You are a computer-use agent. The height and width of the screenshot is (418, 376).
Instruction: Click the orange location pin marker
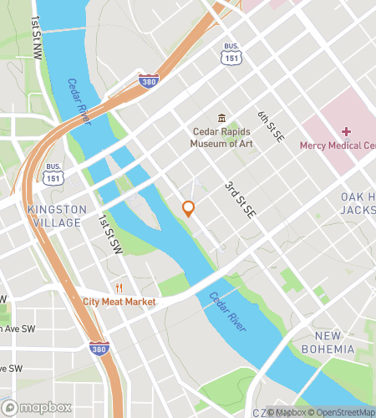tap(189, 208)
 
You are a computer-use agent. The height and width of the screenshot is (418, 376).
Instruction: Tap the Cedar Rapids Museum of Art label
tap(222, 136)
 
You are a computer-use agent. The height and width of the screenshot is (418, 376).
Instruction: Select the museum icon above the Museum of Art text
tap(221, 118)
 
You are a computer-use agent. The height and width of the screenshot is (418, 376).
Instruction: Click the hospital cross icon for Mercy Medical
tap(346, 131)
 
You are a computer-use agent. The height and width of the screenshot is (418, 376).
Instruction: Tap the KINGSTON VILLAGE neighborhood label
tap(55, 216)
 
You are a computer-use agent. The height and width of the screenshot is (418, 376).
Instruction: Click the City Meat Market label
tap(119, 302)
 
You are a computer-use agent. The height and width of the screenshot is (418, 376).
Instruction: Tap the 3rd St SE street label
tap(237, 200)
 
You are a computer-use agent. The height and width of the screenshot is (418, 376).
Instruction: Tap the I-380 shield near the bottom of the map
tap(99, 349)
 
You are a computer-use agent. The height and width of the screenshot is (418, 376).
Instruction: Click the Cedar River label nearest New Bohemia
tap(226, 310)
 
